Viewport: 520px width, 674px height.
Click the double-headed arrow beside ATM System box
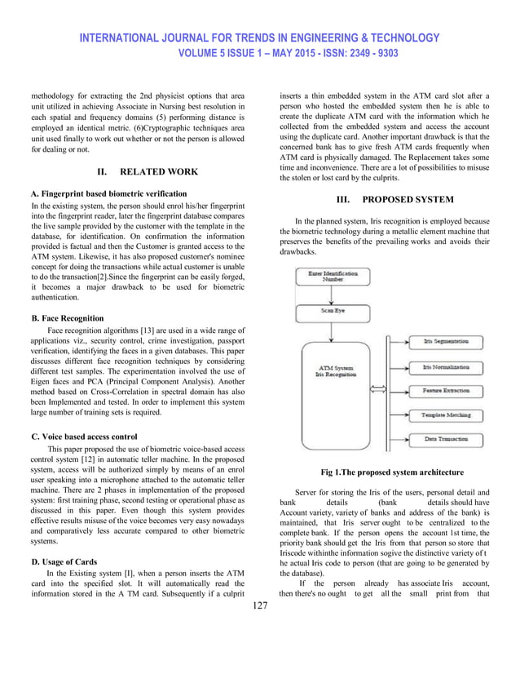click(377, 389)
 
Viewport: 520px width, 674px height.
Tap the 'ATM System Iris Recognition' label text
click(333, 371)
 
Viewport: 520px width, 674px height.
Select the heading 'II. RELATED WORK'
click(147, 172)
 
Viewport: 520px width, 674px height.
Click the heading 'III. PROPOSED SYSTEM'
click(392, 200)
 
